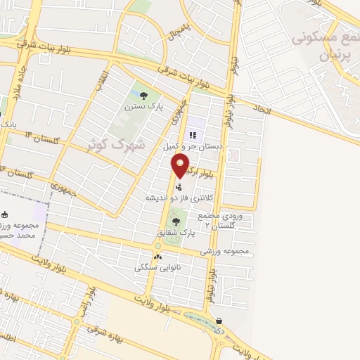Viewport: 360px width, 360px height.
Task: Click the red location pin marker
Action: pyautogui.click(x=181, y=166)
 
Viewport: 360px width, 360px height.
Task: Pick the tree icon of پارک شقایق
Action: pyautogui.click(x=176, y=221)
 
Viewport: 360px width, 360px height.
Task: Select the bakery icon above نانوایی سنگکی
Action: pyautogui.click(x=157, y=257)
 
